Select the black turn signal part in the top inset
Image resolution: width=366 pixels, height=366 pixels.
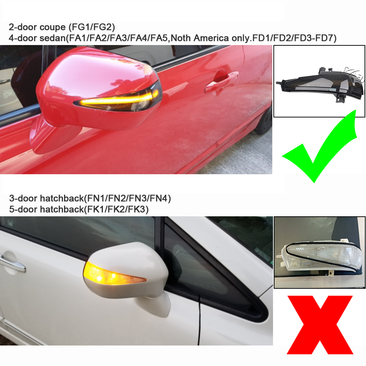tap(320, 85)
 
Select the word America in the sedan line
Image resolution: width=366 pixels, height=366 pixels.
tap(211, 38)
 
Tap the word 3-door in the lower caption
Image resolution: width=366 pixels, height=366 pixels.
tap(23, 198)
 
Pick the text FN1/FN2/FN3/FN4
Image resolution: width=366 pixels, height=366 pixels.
tap(127, 198)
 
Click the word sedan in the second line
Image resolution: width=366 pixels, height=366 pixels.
tap(53, 38)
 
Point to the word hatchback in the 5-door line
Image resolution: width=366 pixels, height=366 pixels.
tap(62, 209)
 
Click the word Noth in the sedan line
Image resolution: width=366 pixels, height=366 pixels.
tap(181, 38)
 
